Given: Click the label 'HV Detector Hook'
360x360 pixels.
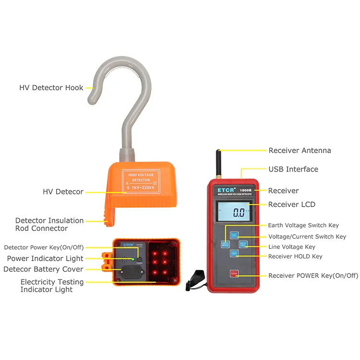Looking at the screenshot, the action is point(51,88).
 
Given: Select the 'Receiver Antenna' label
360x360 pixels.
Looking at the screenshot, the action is point(300,150).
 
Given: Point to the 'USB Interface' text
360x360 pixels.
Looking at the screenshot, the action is point(293,169).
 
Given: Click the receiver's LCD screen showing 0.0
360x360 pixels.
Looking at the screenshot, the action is point(233,211).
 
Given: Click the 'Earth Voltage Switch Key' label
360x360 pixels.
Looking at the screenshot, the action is point(303,225).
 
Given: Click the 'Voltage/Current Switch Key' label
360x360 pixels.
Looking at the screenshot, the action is point(307,237).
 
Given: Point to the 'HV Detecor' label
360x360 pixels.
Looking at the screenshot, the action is point(63,192).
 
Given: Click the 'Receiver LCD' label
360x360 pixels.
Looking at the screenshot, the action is point(291,204).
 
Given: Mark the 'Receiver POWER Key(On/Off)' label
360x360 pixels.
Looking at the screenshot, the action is point(313,276).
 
